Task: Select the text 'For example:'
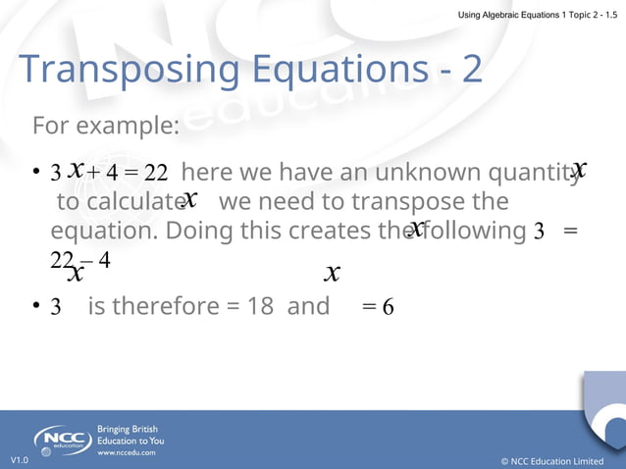click(x=105, y=127)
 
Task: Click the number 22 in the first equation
click(x=156, y=174)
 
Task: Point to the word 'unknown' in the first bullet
click(x=402, y=173)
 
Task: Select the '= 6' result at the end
click(x=378, y=307)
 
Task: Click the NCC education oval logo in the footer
click(x=63, y=441)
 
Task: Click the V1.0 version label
click(x=20, y=460)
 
